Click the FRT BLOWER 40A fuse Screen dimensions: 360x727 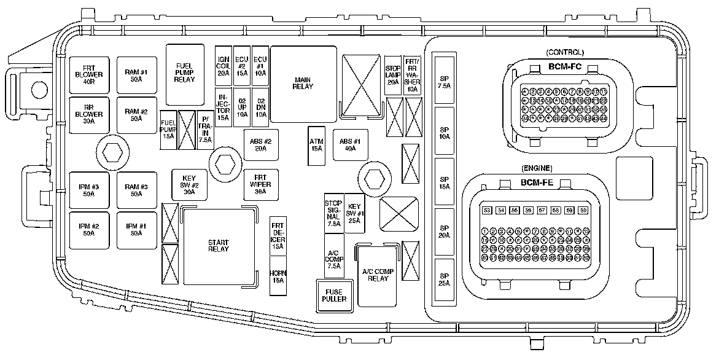tap(89, 75)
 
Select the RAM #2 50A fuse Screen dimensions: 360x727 tap(136, 114)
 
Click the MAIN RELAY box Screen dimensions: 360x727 tap(303, 82)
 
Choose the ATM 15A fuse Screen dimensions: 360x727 tap(317, 145)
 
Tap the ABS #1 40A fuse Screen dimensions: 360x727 tap(350, 145)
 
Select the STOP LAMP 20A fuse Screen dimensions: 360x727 tap(392, 74)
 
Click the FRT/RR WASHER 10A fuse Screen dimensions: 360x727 tap(413, 74)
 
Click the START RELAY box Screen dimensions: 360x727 tap(218, 246)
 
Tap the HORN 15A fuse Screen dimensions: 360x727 tap(278, 276)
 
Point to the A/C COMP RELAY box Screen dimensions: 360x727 tap(376, 275)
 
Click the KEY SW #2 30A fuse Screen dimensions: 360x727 tap(189, 184)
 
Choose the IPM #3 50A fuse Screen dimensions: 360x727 tap(89, 190)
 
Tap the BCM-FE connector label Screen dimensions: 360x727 tap(536, 182)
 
